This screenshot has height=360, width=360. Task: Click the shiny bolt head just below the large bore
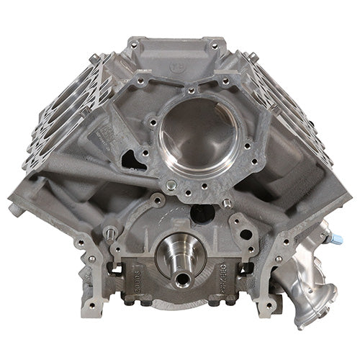pyautogui.click(x=170, y=186)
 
